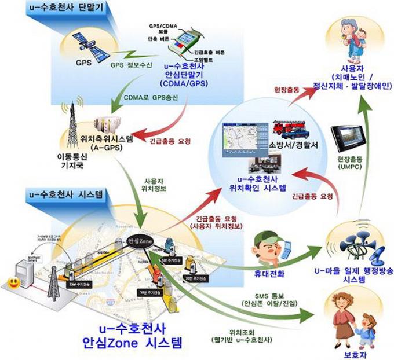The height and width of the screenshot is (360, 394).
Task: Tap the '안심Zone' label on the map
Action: point(139,239)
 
